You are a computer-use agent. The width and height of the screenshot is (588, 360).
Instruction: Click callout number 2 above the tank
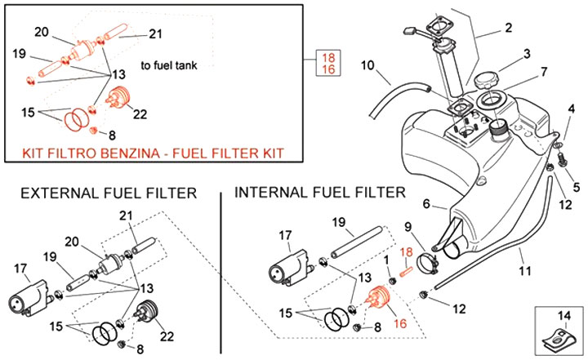point(508,29)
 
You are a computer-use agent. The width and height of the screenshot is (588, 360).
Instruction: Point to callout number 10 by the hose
point(367,64)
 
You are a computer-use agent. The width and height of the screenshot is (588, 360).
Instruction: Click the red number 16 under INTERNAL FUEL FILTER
point(400,323)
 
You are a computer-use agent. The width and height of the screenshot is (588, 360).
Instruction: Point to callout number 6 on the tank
point(426,204)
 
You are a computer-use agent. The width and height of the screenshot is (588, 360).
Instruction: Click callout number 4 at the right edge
point(571,109)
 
